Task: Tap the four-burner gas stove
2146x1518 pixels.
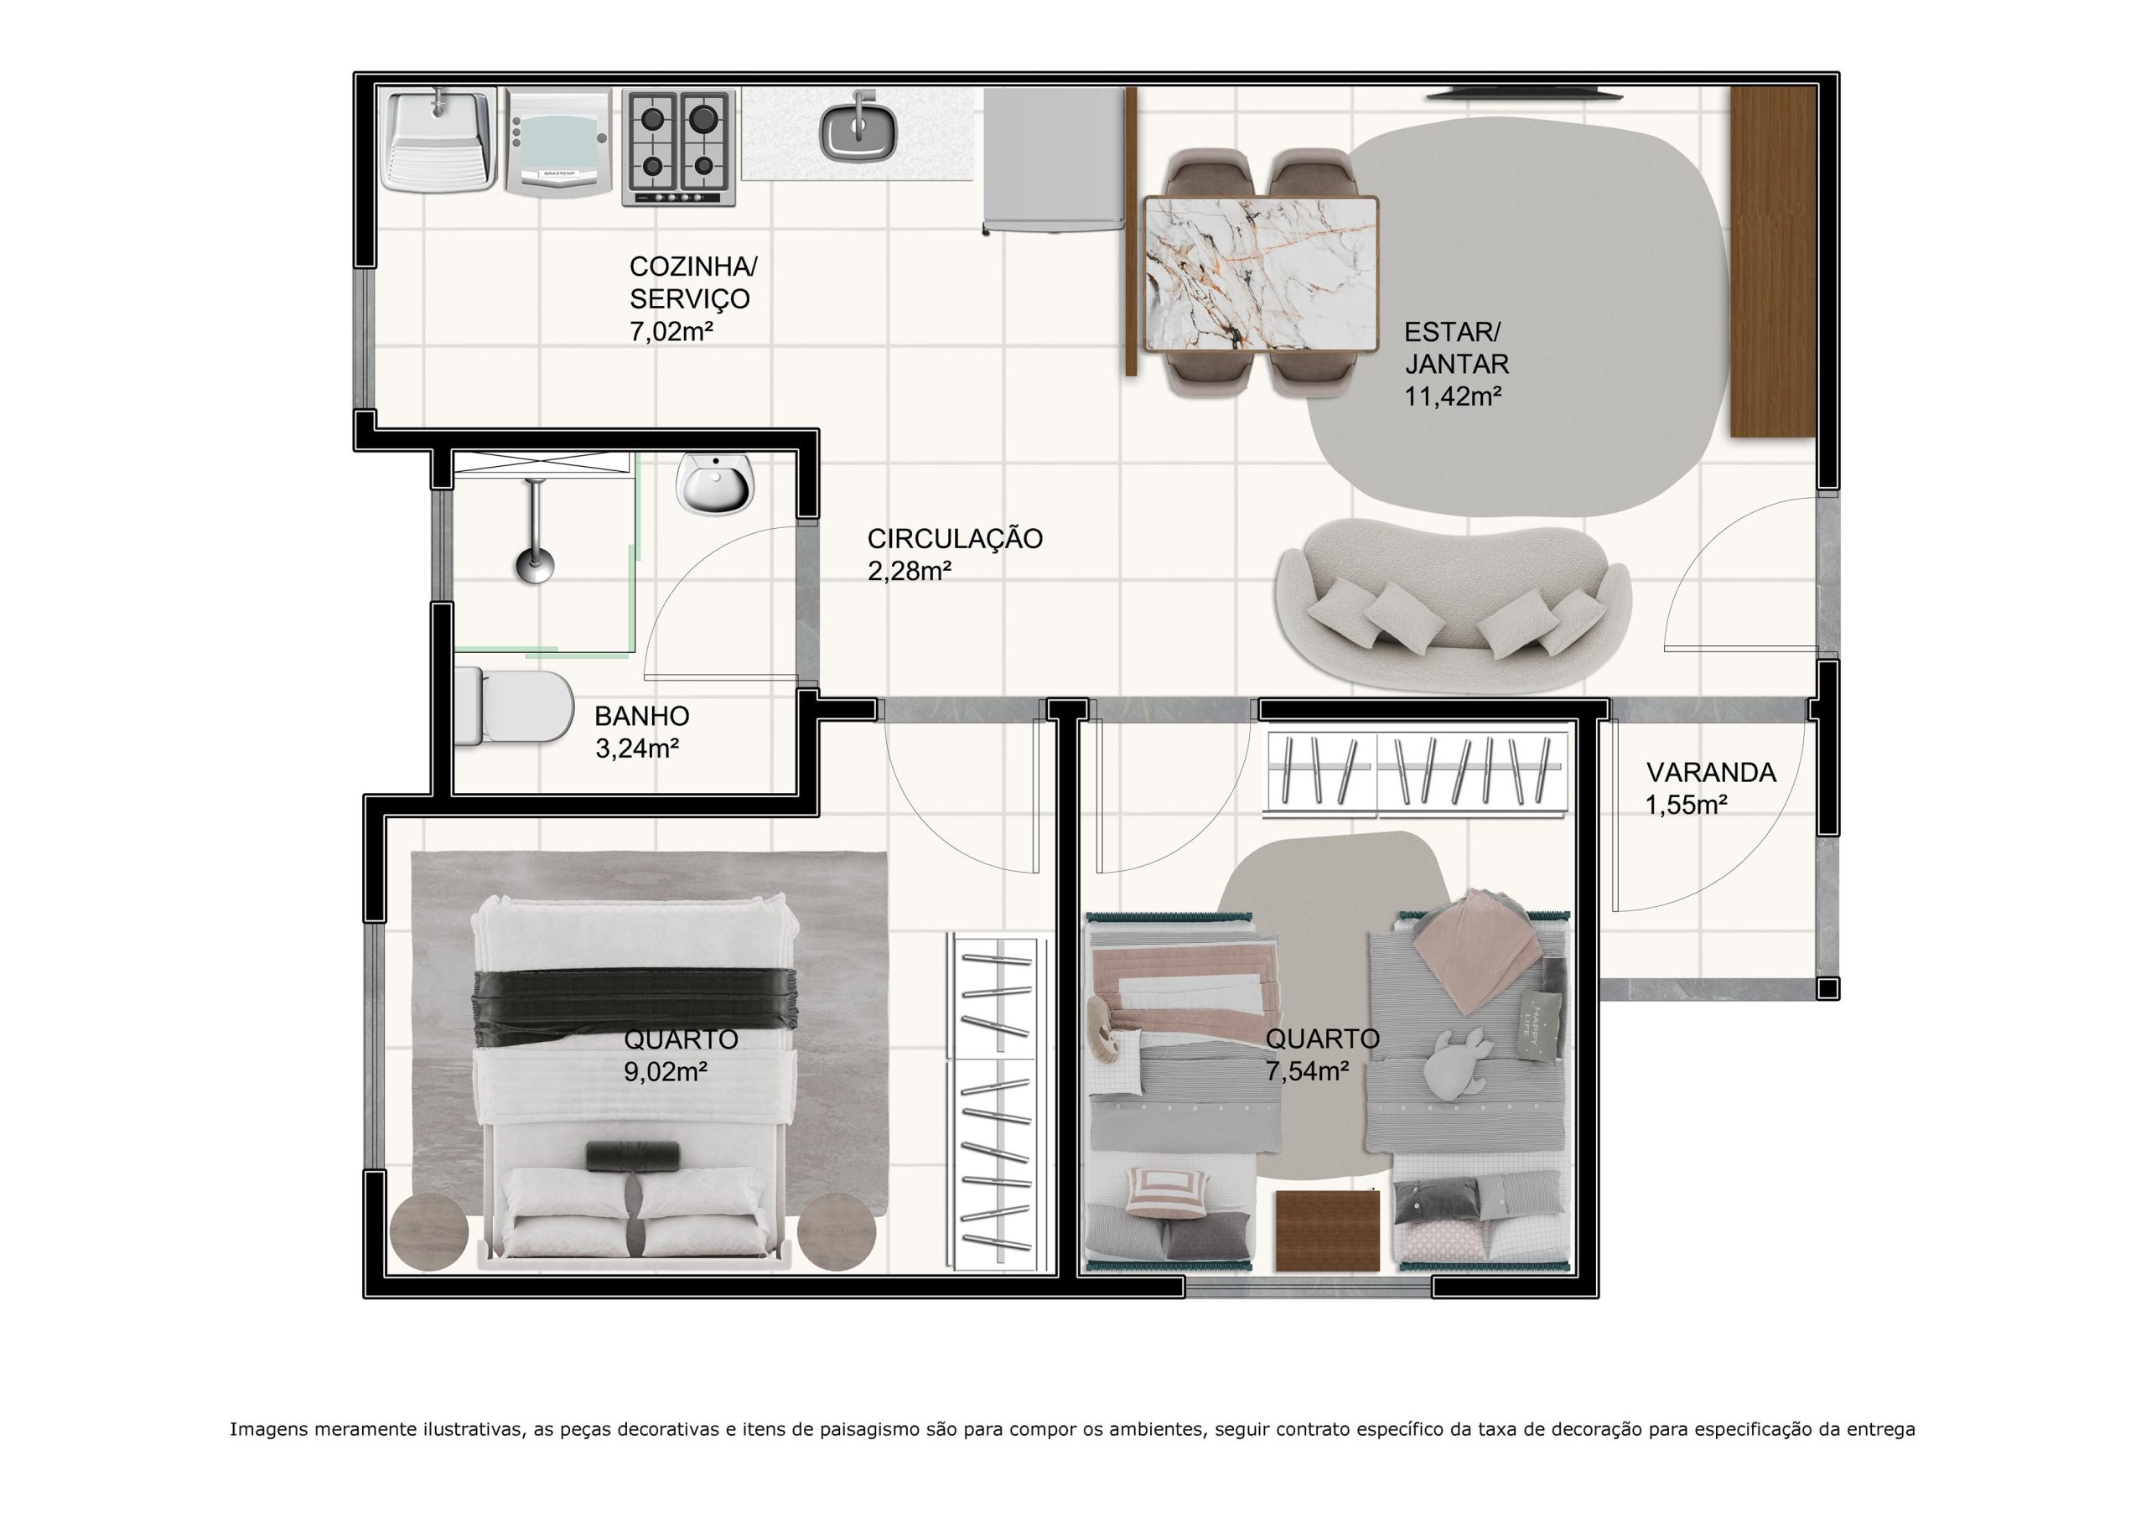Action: pos(678,147)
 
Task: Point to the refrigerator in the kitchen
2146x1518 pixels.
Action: pos(1054,160)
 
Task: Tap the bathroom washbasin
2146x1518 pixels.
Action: pos(715,484)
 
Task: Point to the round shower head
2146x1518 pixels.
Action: pos(535,567)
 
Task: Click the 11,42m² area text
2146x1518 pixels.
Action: pos(1453,396)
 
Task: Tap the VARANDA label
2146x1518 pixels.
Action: pos(1710,772)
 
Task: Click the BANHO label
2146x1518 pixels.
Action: pos(642,716)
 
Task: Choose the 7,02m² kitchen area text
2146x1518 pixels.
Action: pos(672,331)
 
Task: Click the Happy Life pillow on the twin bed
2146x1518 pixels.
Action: pos(1540,1026)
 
